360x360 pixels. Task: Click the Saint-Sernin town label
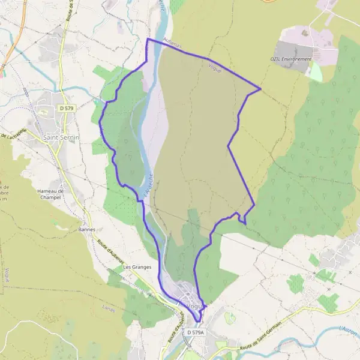[x=61, y=137]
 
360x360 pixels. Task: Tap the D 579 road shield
[x=66, y=107]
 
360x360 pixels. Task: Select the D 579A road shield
[x=196, y=332]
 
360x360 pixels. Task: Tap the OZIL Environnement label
[x=291, y=59]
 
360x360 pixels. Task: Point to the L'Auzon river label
[x=348, y=329]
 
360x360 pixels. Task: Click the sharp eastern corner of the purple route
[x=260, y=89]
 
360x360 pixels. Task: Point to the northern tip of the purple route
[x=148, y=39]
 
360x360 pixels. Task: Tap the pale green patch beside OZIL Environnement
[x=315, y=73]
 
